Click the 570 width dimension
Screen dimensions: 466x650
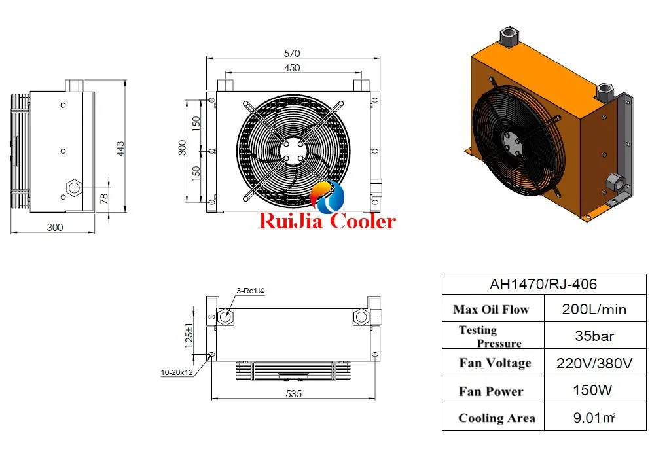point(292,54)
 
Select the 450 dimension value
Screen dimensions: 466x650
point(292,67)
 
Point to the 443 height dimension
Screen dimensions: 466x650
point(120,148)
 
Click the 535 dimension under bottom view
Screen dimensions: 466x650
point(293,394)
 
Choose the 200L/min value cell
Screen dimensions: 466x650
point(594,310)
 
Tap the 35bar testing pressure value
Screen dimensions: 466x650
point(594,336)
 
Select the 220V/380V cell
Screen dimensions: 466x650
point(594,363)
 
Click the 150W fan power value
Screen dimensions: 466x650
point(594,391)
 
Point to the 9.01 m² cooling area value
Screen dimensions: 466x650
point(594,418)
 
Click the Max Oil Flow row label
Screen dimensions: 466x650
point(490,310)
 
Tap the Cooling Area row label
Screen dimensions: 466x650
point(496,418)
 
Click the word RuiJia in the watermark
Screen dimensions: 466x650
point(291,221)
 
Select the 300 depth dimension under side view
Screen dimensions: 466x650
point(55,227)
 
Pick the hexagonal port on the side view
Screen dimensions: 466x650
point(72,188)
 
